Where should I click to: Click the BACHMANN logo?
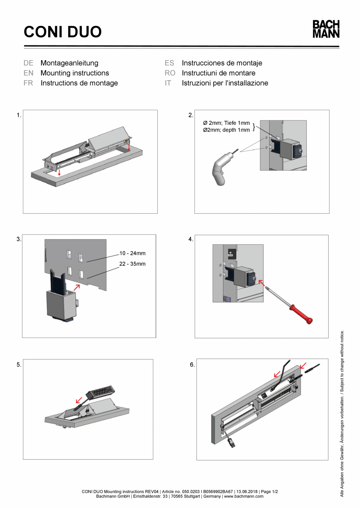click(x=326, y=29)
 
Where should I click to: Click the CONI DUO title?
click(x=63, y=32)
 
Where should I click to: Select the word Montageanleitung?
click(x=69, y=63)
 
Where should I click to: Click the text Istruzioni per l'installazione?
click(x=225, y=83)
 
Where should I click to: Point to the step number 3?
click(x=19, y=239)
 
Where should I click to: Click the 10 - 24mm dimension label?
click(x=132, y=253)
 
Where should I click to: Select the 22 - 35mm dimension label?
click(x=132, y=264)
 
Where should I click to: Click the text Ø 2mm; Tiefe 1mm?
click(x=226, y=123)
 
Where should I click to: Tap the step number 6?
click(x=192, y=365)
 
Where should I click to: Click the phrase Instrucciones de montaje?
click(x=222, y=63)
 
